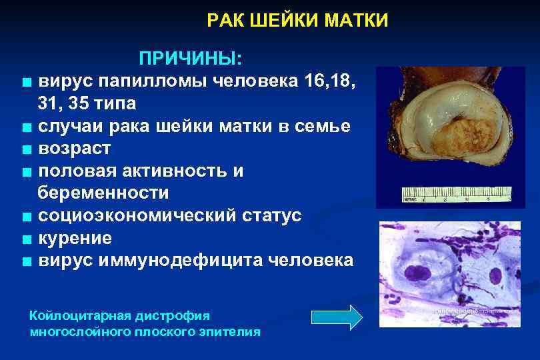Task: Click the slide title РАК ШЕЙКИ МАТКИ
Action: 297,21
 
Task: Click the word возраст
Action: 74,148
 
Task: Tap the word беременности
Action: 103,193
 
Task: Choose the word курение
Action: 75,238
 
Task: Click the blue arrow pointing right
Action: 337,316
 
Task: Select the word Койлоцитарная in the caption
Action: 77,315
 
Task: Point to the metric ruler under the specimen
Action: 453,196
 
